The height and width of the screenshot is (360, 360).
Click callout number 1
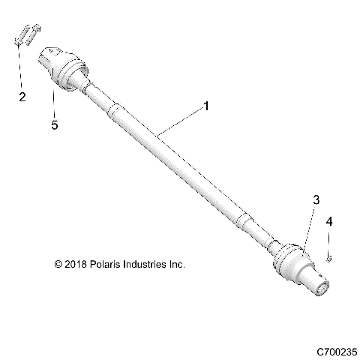click(x=206, y=107)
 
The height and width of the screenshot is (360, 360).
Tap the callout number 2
click(x=22, y=97)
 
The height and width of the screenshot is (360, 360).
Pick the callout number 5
click(x=54, y=125)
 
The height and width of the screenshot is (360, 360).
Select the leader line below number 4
click(x=328, y=241)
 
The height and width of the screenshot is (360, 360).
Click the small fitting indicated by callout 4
click(x=329, y=259)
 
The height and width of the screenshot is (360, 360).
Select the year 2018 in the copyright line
click(x=76, y=265)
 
